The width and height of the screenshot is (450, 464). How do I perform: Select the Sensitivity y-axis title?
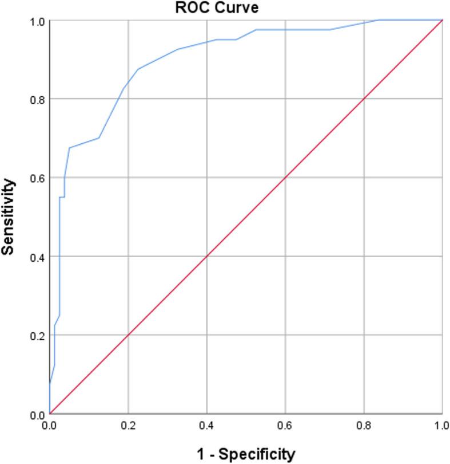click(x=8, y=217)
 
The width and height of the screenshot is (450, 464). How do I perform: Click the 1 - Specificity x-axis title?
click(x=246, y=454)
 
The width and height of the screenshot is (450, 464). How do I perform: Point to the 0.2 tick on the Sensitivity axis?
click(x=38, y=335)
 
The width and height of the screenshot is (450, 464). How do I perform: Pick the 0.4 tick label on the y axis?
click(x=38, y=256)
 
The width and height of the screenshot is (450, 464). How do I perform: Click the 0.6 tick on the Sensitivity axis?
click(x=38, y=178)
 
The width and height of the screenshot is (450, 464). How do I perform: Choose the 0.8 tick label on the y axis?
click(x=38, y=99)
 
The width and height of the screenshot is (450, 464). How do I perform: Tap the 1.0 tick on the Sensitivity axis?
click(x=38, y=21)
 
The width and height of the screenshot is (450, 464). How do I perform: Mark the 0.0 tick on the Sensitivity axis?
click(x=38, y=414)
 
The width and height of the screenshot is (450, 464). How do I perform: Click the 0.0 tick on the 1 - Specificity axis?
click(x=50, y=427)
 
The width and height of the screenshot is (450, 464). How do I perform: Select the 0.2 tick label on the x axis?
click(x=128, y=427)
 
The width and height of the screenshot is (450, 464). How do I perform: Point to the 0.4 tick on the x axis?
click(x=206, y=427)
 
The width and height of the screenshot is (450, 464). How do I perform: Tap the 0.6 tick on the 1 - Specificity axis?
click(x=285, y=427)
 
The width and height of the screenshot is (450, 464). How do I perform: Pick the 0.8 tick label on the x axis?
click(x=364, y=427)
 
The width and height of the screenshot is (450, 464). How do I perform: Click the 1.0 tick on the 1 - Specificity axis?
click(x=441, y=427)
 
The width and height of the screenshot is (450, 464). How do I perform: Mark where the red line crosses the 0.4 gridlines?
click(x=206, y=256)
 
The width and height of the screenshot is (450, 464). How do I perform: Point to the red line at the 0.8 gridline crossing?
click(x=364, y=99)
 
